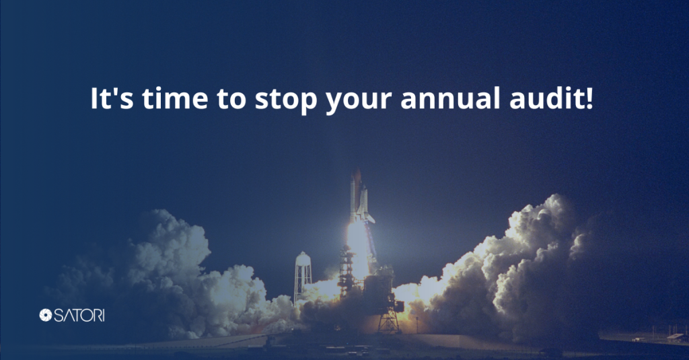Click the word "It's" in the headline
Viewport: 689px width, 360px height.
coord(112,98)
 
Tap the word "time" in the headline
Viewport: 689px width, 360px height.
coord(175,98)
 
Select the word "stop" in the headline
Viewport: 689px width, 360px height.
coord(286,101)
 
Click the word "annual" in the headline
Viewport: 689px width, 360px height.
coord(450,98)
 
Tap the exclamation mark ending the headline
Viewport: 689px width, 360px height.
coord(589,98)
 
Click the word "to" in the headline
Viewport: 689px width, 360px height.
coord(231,99)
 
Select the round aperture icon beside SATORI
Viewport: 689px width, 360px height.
coord(46,315)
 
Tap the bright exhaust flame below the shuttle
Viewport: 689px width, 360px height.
coord(358,246)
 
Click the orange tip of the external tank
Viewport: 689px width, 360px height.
coord(358,175)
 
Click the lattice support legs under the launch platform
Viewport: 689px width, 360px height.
coord(389,322)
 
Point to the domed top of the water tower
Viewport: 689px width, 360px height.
coord(303,256)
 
